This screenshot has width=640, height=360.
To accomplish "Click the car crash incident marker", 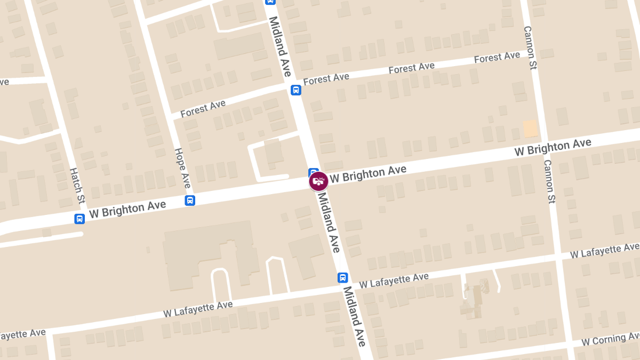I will pos(318,181).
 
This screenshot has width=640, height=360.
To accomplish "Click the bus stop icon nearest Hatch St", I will pos(79,219).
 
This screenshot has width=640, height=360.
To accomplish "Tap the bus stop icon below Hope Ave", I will pos(189,201).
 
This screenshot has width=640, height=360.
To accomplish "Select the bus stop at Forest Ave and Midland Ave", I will pos(296,90).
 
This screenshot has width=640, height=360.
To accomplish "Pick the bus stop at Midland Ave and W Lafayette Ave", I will pos(342,277).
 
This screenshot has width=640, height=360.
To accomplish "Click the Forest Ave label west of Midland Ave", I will pos(203,109).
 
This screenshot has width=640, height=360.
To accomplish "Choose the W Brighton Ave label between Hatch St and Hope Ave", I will pos(127,209).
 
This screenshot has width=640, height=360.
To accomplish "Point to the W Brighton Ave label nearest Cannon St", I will pos(553,147).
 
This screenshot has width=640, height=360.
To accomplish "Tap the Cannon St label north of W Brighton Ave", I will pos(530,48).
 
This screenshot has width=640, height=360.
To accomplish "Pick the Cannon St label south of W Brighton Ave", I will pos(549,181).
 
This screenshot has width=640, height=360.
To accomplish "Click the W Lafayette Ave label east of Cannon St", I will pos(604,250).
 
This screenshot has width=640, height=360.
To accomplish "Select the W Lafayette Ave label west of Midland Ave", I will pos(198,309).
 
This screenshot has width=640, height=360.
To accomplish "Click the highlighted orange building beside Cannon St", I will pos(530,129).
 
